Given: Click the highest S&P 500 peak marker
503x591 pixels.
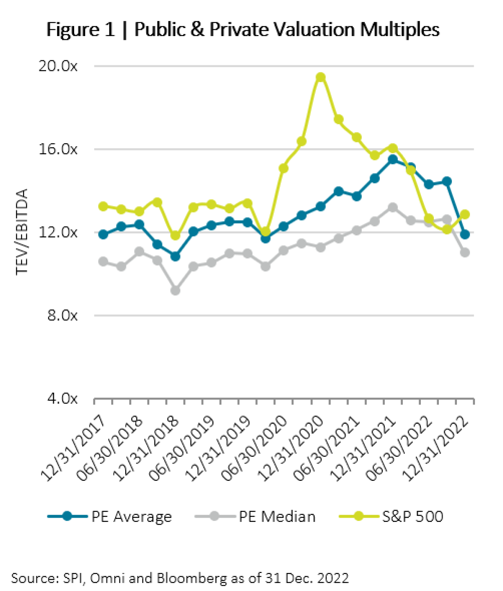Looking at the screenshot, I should (x=321, y=77).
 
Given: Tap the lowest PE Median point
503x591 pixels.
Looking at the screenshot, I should (x=176, y=290).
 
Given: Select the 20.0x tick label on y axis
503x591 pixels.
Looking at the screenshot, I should (x=58, y=66).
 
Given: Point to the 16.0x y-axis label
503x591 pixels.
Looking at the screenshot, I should (x=58, y=149).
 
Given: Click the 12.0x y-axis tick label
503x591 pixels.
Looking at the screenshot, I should (x=58, y=232).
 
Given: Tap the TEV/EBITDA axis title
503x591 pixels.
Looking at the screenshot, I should (x=22, y=232).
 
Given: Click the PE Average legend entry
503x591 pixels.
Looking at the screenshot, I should (x=110, y=516).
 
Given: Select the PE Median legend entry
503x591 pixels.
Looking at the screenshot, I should (x=255, y=516).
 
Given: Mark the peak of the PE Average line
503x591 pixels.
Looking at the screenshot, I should (x=393, y=159).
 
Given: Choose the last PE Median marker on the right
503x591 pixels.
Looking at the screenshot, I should (x=465, y=252).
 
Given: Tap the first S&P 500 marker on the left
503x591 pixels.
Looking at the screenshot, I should (x=103, y=206).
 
